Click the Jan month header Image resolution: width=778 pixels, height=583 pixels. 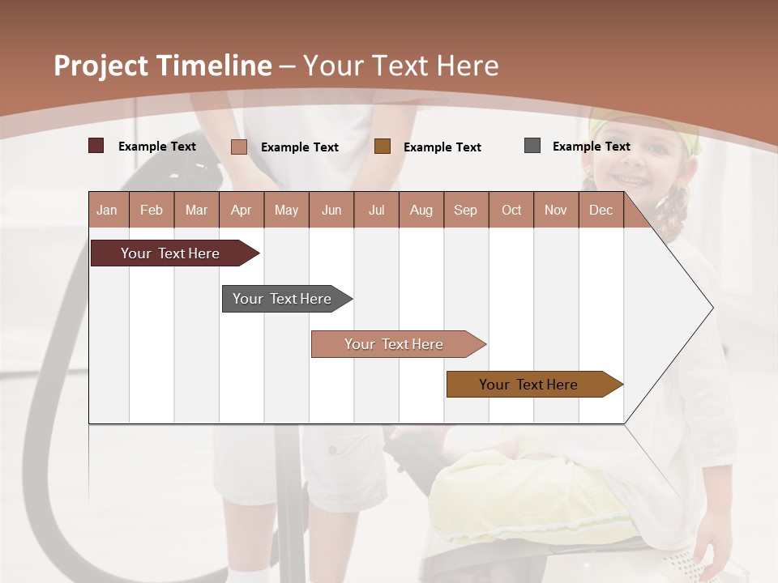pyautogui.click(x=108, y=210)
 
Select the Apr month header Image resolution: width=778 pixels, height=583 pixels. pyautogui.click(x=242, y=210)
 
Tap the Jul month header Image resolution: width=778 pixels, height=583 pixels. pyautogui.click(x=376, y=210)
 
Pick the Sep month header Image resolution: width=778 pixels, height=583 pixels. pyautogui.click(x=465, y=210)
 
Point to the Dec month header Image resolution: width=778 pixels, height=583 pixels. pyautogui.click(x=601, y=210)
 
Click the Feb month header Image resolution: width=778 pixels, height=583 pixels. pyautogui.click(x=152, y=210)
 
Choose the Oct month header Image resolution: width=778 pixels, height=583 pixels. pyautogui.click(x=511, y=210)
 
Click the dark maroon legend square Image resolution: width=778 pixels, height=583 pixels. pyautogui.click(x=96, y=146)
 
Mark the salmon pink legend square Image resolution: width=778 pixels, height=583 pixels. pyautogui.click(x=239, y=147)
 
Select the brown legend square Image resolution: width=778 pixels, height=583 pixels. pyautogui.click(x=383, y=147)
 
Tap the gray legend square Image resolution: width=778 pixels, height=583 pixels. pyautogui.click(x=532, y=146)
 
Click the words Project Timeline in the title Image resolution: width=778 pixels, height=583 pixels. pyautogui.click(x=163, y=66)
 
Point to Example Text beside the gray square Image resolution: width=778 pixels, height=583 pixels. pyautogui.click(x=591, y=147)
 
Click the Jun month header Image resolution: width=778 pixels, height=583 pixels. pyautogui.click(x=331, y=210)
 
